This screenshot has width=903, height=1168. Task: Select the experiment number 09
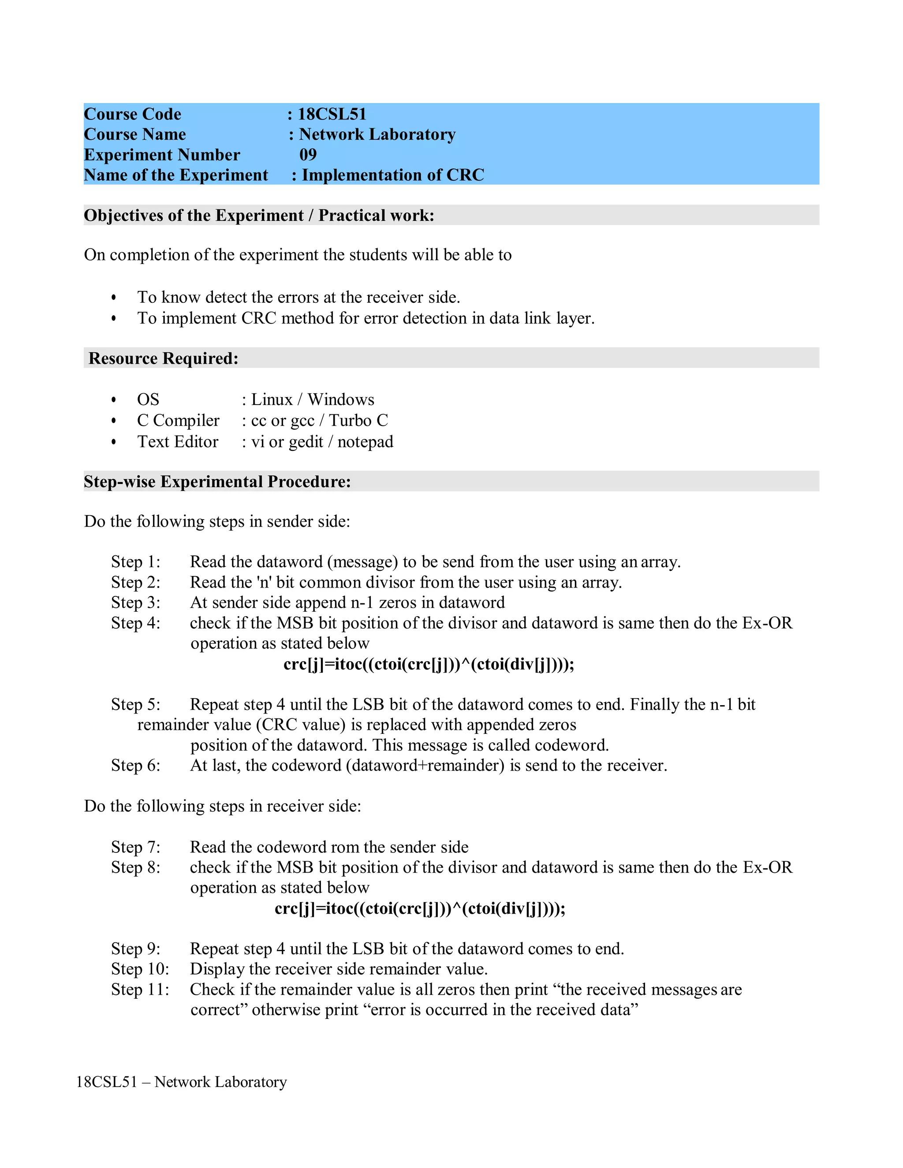[308, 155]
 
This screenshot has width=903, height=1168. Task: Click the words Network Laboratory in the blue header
[377, 134]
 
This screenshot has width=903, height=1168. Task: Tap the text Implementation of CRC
[393, 175]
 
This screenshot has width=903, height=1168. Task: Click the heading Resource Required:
[163, 358]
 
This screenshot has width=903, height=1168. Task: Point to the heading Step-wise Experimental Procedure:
[217, 482]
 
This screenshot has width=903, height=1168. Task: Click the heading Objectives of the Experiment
[194, 216]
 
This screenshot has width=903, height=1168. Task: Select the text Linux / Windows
[313, 399]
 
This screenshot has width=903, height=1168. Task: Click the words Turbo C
[358, 420]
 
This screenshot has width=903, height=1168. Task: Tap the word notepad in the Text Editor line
[366, 442]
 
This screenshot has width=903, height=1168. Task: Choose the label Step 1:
[135, 562]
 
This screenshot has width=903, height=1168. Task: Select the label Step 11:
[140, 989]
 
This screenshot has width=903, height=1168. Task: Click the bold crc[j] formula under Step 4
[429, 664]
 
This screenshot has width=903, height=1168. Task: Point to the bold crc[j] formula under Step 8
[420, 909]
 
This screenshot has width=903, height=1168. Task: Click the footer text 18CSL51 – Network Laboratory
[181, 1082]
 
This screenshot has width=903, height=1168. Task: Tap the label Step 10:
[140, 969]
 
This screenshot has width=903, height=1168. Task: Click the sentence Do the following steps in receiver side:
[223, 806]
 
